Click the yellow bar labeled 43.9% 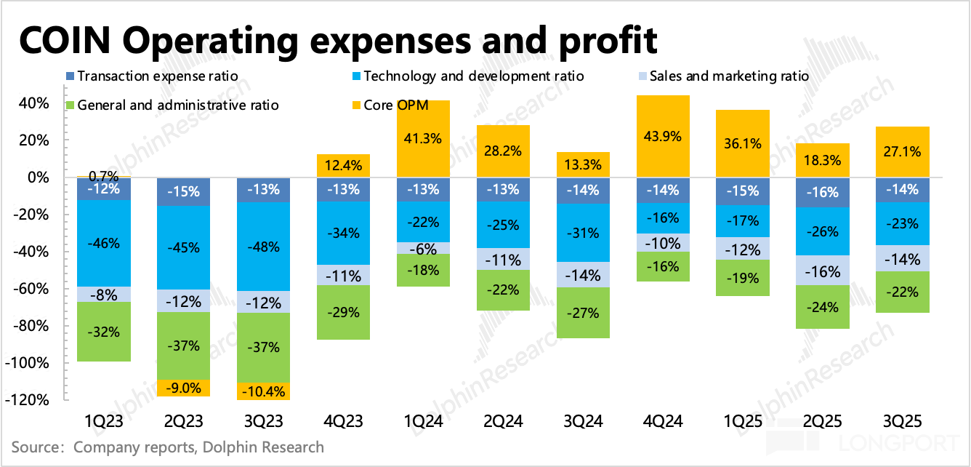click(663, 136)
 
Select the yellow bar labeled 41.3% click(423, 138)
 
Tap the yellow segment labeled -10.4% click(263, 391)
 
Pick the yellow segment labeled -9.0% click(183, 388)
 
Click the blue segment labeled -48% click(263, 246)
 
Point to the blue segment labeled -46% click(103, 243)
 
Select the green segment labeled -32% click(103, 331)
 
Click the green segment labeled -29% click(343, 312)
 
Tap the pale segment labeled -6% click(423, 249)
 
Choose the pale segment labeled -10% click(663, 243)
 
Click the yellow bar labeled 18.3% click(823, 160)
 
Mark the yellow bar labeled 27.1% click(903, 151)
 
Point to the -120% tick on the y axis click(27, 400)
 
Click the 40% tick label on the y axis click(34, 103)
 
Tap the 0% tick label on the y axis click(38, 177)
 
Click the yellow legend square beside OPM click(356, 105)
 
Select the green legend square click(70, 105)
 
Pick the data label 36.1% click(743, 144)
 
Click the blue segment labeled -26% click(823, 231)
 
